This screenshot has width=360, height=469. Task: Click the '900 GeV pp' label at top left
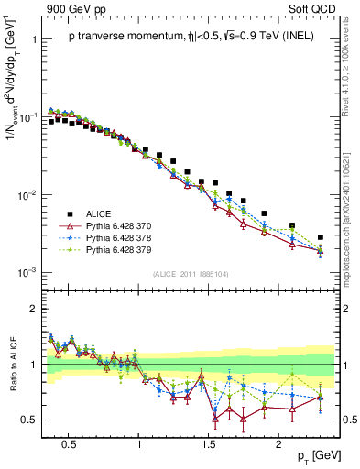point(69,8)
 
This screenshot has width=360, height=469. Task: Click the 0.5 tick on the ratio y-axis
point(27,420)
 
